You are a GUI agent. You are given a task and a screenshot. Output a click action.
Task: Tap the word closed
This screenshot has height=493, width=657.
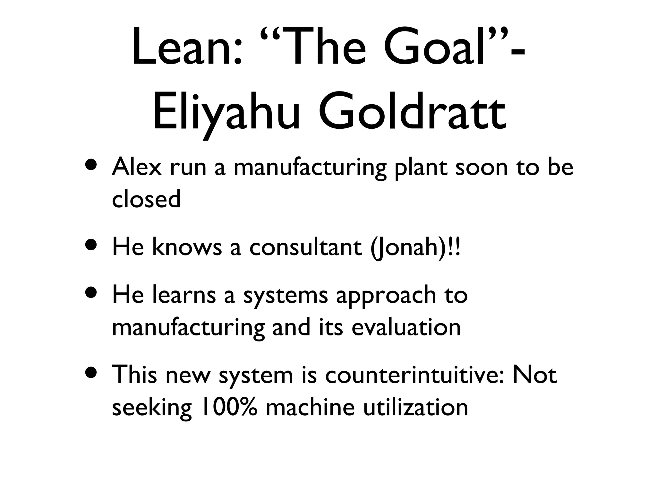(146, 199)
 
